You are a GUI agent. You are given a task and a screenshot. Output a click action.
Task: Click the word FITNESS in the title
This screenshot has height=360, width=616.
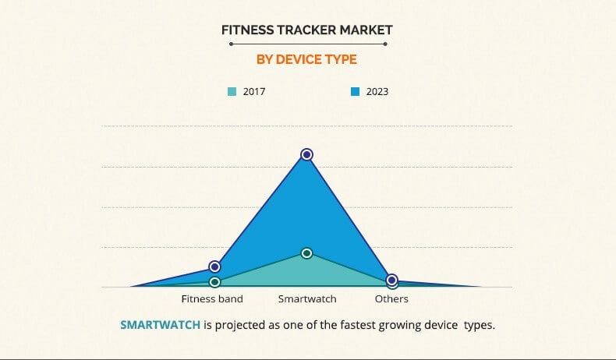[248, 30]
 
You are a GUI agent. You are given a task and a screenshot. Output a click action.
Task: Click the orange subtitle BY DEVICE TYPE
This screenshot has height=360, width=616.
[306, 58]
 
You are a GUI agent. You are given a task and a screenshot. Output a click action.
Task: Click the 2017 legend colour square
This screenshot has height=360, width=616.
[232, 92]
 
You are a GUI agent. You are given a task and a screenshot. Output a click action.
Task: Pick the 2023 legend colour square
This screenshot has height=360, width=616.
[355, 92]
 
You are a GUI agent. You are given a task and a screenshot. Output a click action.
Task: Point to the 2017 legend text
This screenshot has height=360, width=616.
[253, 92]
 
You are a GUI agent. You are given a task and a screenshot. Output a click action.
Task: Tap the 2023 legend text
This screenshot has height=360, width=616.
[377, 92]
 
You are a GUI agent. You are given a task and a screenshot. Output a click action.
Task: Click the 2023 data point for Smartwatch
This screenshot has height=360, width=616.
[307, 154]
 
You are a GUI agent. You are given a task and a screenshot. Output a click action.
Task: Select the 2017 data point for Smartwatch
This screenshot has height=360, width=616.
[307, 253]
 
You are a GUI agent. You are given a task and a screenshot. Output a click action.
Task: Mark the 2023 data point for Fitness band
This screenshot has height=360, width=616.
[214, 266]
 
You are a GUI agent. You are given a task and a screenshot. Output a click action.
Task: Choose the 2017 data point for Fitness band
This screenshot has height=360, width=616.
[214, 281]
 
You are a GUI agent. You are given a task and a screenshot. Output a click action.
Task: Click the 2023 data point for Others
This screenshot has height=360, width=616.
[392, 280]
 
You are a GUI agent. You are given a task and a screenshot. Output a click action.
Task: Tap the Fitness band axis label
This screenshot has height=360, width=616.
[212, 299]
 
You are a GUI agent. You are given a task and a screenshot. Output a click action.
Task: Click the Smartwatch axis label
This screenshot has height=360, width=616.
[307, 299]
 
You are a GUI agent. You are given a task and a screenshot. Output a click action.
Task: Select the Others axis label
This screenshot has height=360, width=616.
[391, 299]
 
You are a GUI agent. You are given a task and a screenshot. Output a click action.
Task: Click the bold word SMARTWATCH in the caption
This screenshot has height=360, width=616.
[160, 325]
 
